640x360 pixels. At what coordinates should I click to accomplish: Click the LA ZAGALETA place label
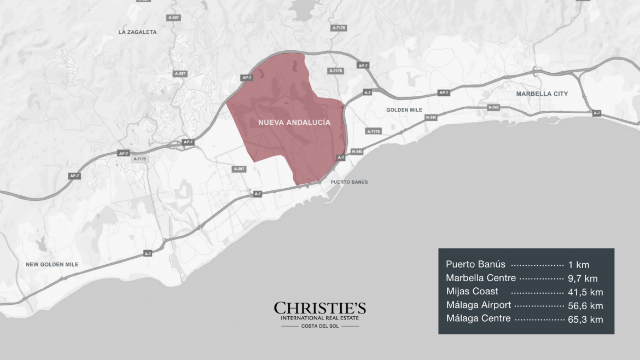click(x=137, y=32)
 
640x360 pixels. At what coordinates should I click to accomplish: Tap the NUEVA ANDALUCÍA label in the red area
click(x=294, y=123)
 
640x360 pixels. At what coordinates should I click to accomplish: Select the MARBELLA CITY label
click(x=542, y=94)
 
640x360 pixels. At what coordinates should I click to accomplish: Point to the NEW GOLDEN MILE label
click(x=52, y=265)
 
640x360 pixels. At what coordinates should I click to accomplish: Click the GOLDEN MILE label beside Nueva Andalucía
click(x=405, y=110)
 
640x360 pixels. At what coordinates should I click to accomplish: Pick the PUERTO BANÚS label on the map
click(x=350, y=182)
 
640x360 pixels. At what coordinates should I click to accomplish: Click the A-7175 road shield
click(x=140, y=159)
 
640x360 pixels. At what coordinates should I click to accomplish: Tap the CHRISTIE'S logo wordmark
click(x=320, y=308)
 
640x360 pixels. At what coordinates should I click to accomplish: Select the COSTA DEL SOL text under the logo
click(x=320, y=326)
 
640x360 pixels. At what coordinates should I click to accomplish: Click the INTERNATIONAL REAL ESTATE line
click(x=320, y=318)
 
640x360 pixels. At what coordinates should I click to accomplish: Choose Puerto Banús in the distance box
click(x=475, y=264)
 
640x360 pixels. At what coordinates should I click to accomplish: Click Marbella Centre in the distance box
click(x=481, y=278)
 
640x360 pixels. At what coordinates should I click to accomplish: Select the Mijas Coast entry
click(x=472, y=292)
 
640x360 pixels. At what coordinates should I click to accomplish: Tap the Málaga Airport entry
click(x=479, y=305)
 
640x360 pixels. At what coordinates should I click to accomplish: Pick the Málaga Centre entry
click(x=479, y=318)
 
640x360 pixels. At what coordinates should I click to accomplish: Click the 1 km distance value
click(x=579, y=265)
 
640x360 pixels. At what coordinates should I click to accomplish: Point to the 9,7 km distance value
click(x=583, y=278)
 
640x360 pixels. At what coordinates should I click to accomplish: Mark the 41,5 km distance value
click(x=585, y=292)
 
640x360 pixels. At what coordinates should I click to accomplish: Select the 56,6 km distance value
click(x=585, y=305)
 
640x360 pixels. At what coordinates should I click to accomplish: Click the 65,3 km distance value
click(x=585, y=319)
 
